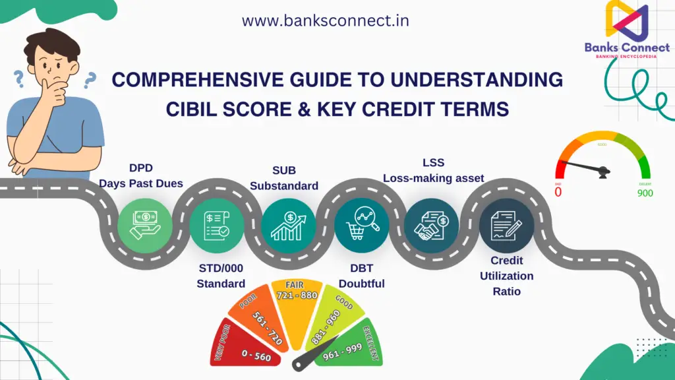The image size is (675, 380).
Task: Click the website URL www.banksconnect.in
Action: click(x=325, y=20)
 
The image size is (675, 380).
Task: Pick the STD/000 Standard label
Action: click(x=221, y=276)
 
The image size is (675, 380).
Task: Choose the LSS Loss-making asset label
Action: click(x=433, y=170)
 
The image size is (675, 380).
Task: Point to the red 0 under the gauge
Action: click(x=558, y=193)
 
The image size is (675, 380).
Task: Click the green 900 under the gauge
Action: click(x=645, y=193)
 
